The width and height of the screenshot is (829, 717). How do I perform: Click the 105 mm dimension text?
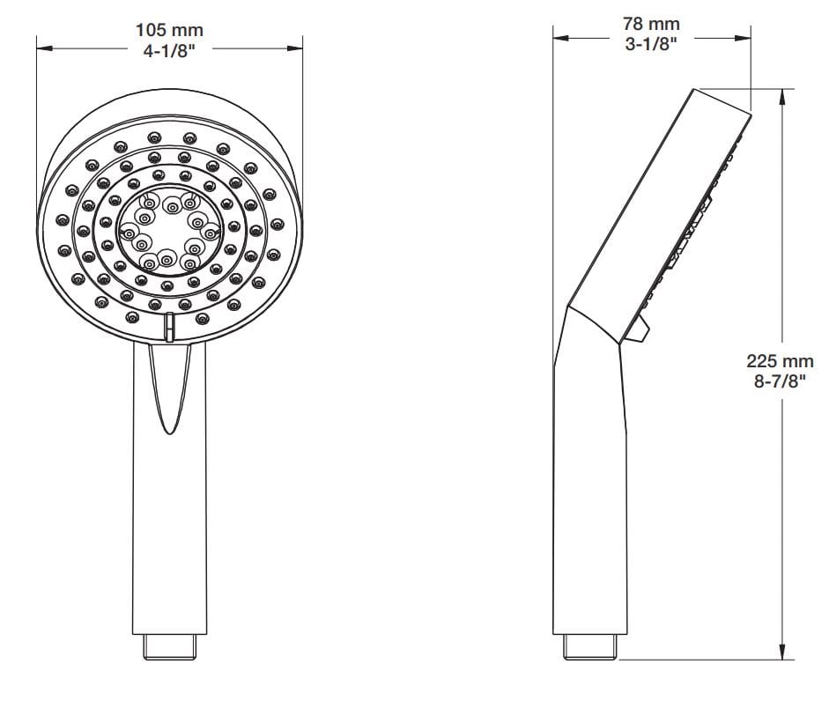(169, 31)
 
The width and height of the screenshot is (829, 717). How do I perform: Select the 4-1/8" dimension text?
(169, 51)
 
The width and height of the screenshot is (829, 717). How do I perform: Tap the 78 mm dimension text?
(652, 25)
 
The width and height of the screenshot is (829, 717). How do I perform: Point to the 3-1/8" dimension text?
(652, 45)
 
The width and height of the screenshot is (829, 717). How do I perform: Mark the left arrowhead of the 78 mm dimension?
(559, 38)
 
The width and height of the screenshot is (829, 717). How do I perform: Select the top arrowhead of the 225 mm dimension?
(782, 95)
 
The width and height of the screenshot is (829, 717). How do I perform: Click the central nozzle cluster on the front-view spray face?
(168, 231)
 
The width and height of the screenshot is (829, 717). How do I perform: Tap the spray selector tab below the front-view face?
(169, 326)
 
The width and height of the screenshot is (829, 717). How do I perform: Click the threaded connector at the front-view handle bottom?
(169, 647)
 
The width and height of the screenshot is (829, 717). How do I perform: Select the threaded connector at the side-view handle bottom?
(590, 647)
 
